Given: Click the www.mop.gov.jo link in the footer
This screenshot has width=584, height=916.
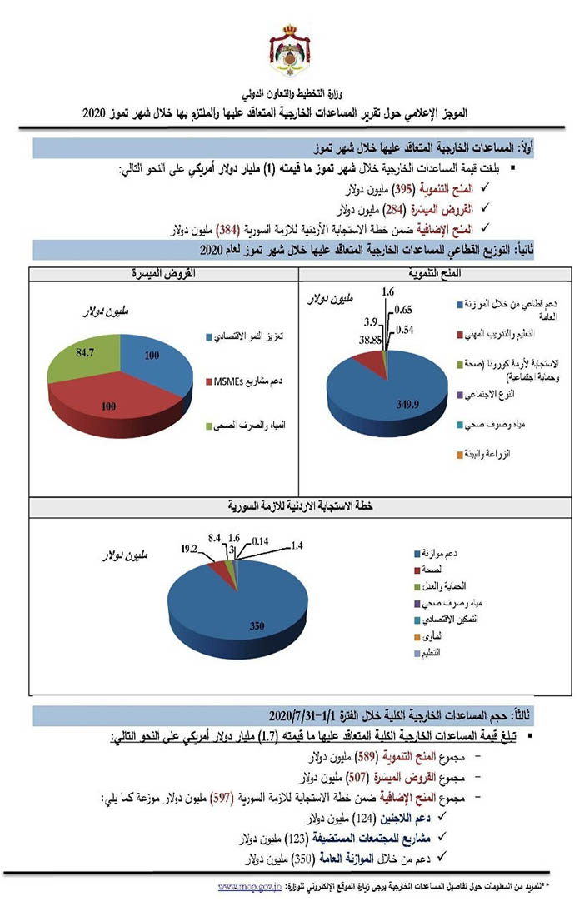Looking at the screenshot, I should (x=247, y=888).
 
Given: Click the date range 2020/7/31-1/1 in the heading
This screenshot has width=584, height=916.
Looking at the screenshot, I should (x=307, y=716).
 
